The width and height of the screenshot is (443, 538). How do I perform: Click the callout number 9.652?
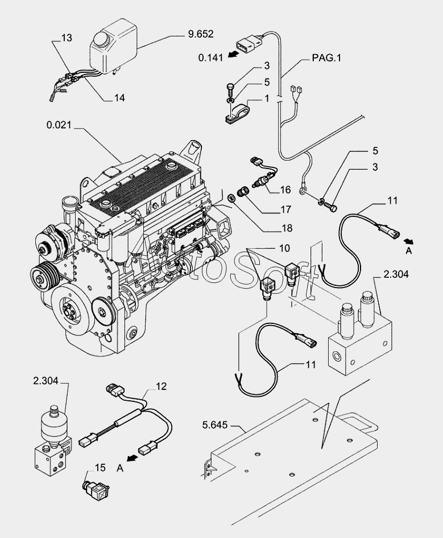pos(200,34)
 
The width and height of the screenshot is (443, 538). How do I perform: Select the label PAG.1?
pos(328,58)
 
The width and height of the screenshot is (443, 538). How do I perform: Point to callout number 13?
pos(67,38)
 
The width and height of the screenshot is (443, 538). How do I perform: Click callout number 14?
pos(119,98)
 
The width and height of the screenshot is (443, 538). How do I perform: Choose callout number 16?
pos(285,190)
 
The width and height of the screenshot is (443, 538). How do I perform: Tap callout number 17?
pos(285,209)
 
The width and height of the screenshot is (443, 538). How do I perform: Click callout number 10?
pos(284,248)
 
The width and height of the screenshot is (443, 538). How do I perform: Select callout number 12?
pos(161,387)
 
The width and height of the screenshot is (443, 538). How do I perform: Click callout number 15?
pos(100,468)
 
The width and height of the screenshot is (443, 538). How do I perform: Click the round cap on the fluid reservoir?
pos(103,40)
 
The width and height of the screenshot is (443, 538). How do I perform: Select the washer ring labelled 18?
pos(233,198)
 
